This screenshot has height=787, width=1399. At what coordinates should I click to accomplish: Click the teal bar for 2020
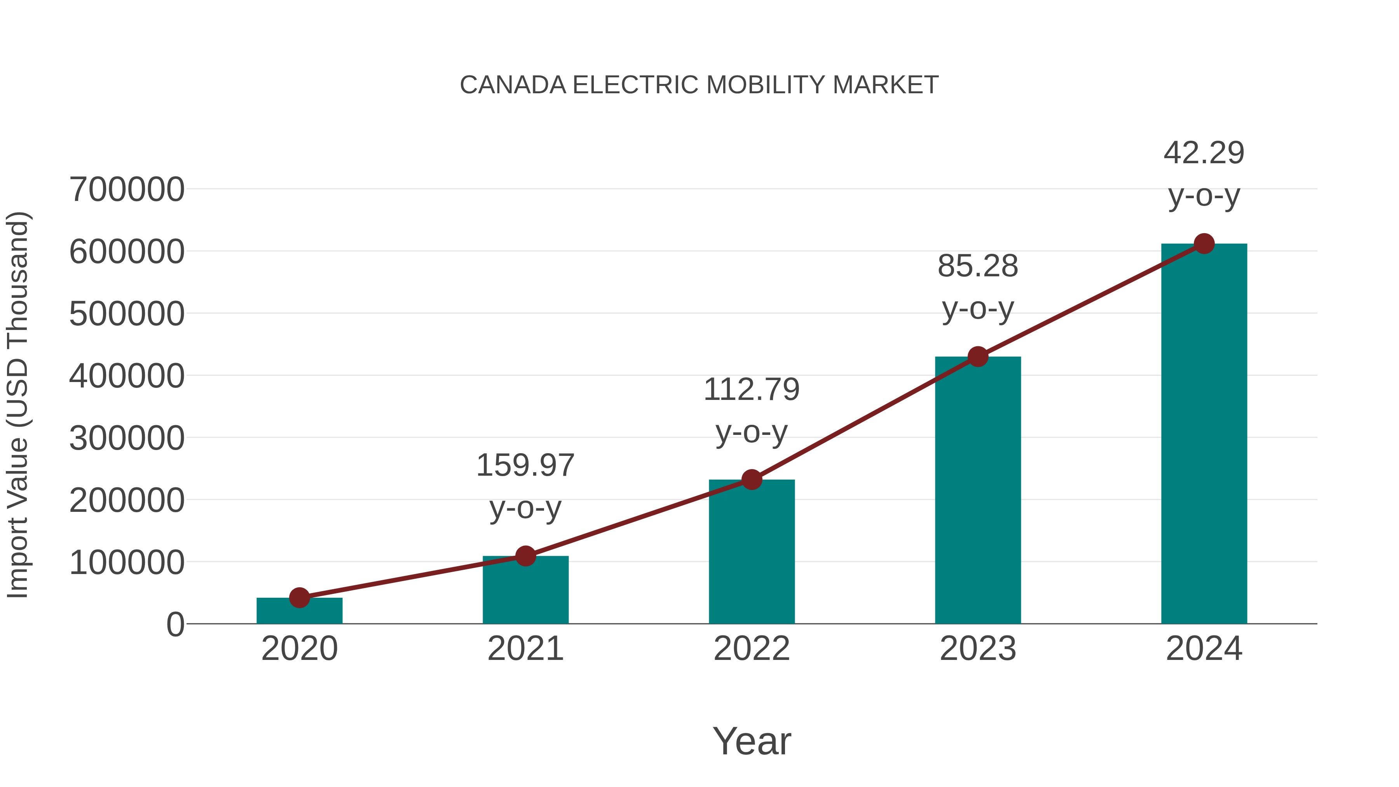(299, 612)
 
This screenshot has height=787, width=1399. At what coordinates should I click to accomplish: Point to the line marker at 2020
(299, 597)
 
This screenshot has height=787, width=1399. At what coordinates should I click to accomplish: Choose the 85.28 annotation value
(978, 266)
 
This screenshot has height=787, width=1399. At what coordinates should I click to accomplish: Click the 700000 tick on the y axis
(127, 190)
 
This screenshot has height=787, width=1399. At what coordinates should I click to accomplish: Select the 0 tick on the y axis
(175, 624)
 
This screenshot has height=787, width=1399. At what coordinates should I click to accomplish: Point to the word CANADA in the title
(513, 85)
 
